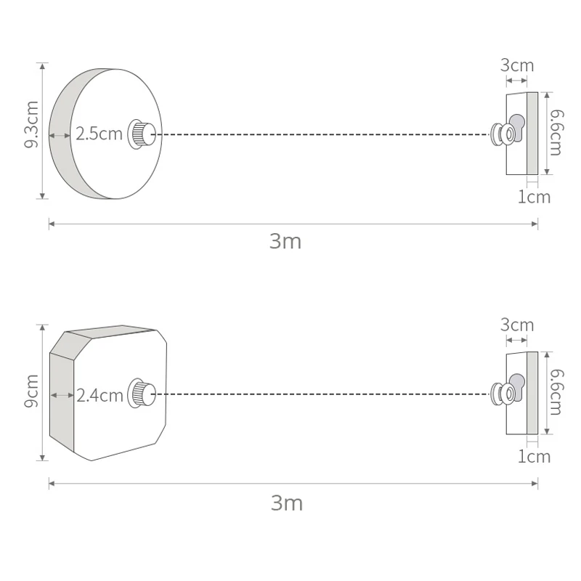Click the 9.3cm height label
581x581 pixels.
pyautogui.click(x=31, y=124)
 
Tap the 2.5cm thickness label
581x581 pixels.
pyautogui.click(x=99, y=134)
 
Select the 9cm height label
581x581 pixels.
pyautogui.click(x=31, y=391)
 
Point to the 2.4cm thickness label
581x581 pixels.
pyautogui.click(x=99, y=396)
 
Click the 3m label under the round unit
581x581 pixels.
pyautogui.click(x=285, y=242)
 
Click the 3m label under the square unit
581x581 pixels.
pyautogui.click(x=287, y=503)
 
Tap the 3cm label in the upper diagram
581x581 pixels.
pyautogui.click(x=517, y=65)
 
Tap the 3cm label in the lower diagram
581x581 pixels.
pyautogui.click(x=517, y=325)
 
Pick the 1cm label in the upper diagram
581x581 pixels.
pyautogui.click(x=534, y=197)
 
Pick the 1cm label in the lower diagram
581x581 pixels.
pyautogui.click(x=534, y=457)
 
